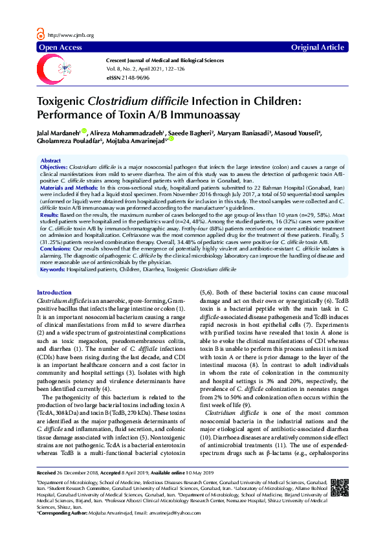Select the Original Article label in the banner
pos(318,47)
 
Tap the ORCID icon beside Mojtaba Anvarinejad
pos(171,139)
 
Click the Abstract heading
pos(51,161)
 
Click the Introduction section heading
pos(54,293)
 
